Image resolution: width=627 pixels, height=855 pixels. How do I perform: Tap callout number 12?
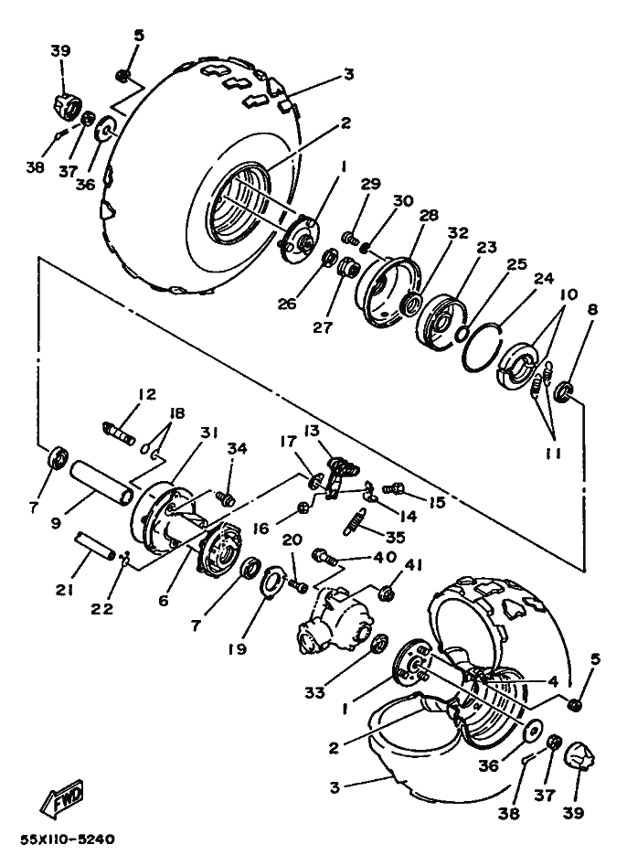coord(146,395)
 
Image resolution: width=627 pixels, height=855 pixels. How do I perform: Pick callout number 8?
coord(593,310)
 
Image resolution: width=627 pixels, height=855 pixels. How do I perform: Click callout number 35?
coord(396,537)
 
